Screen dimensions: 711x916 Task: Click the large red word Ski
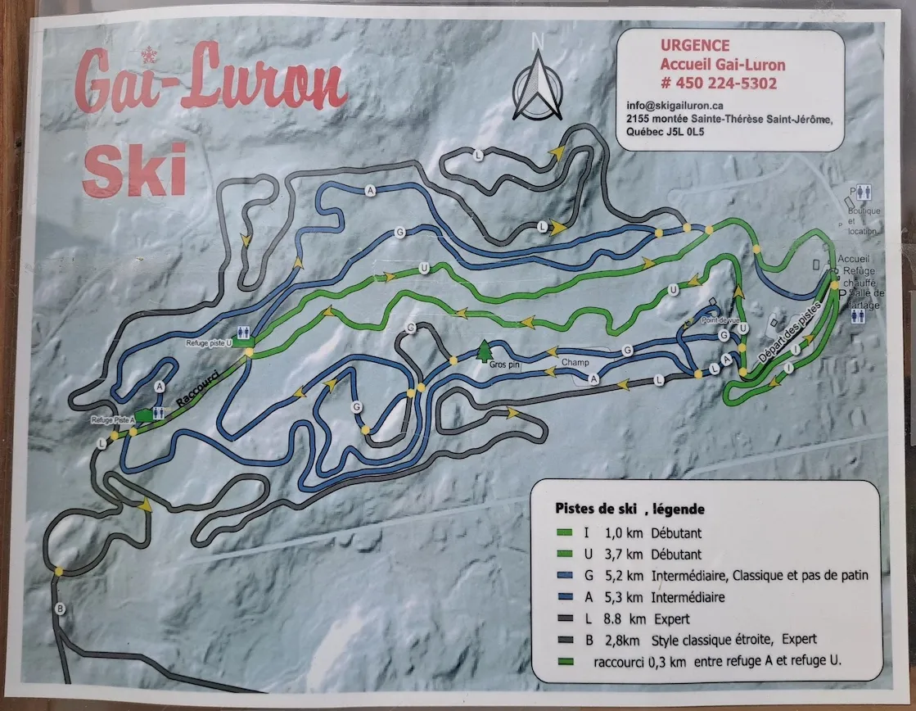click(x=134, y=170)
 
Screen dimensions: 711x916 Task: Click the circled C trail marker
click(x=411, y=328)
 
